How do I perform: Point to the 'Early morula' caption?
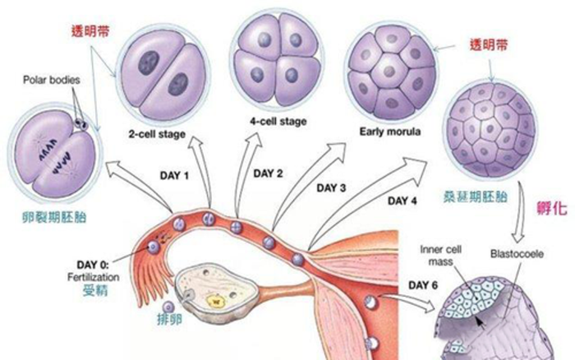389,132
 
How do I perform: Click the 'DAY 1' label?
172,176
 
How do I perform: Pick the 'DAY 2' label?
268,173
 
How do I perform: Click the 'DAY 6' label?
424,284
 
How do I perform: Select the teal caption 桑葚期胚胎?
486,199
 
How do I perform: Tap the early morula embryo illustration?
389,76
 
